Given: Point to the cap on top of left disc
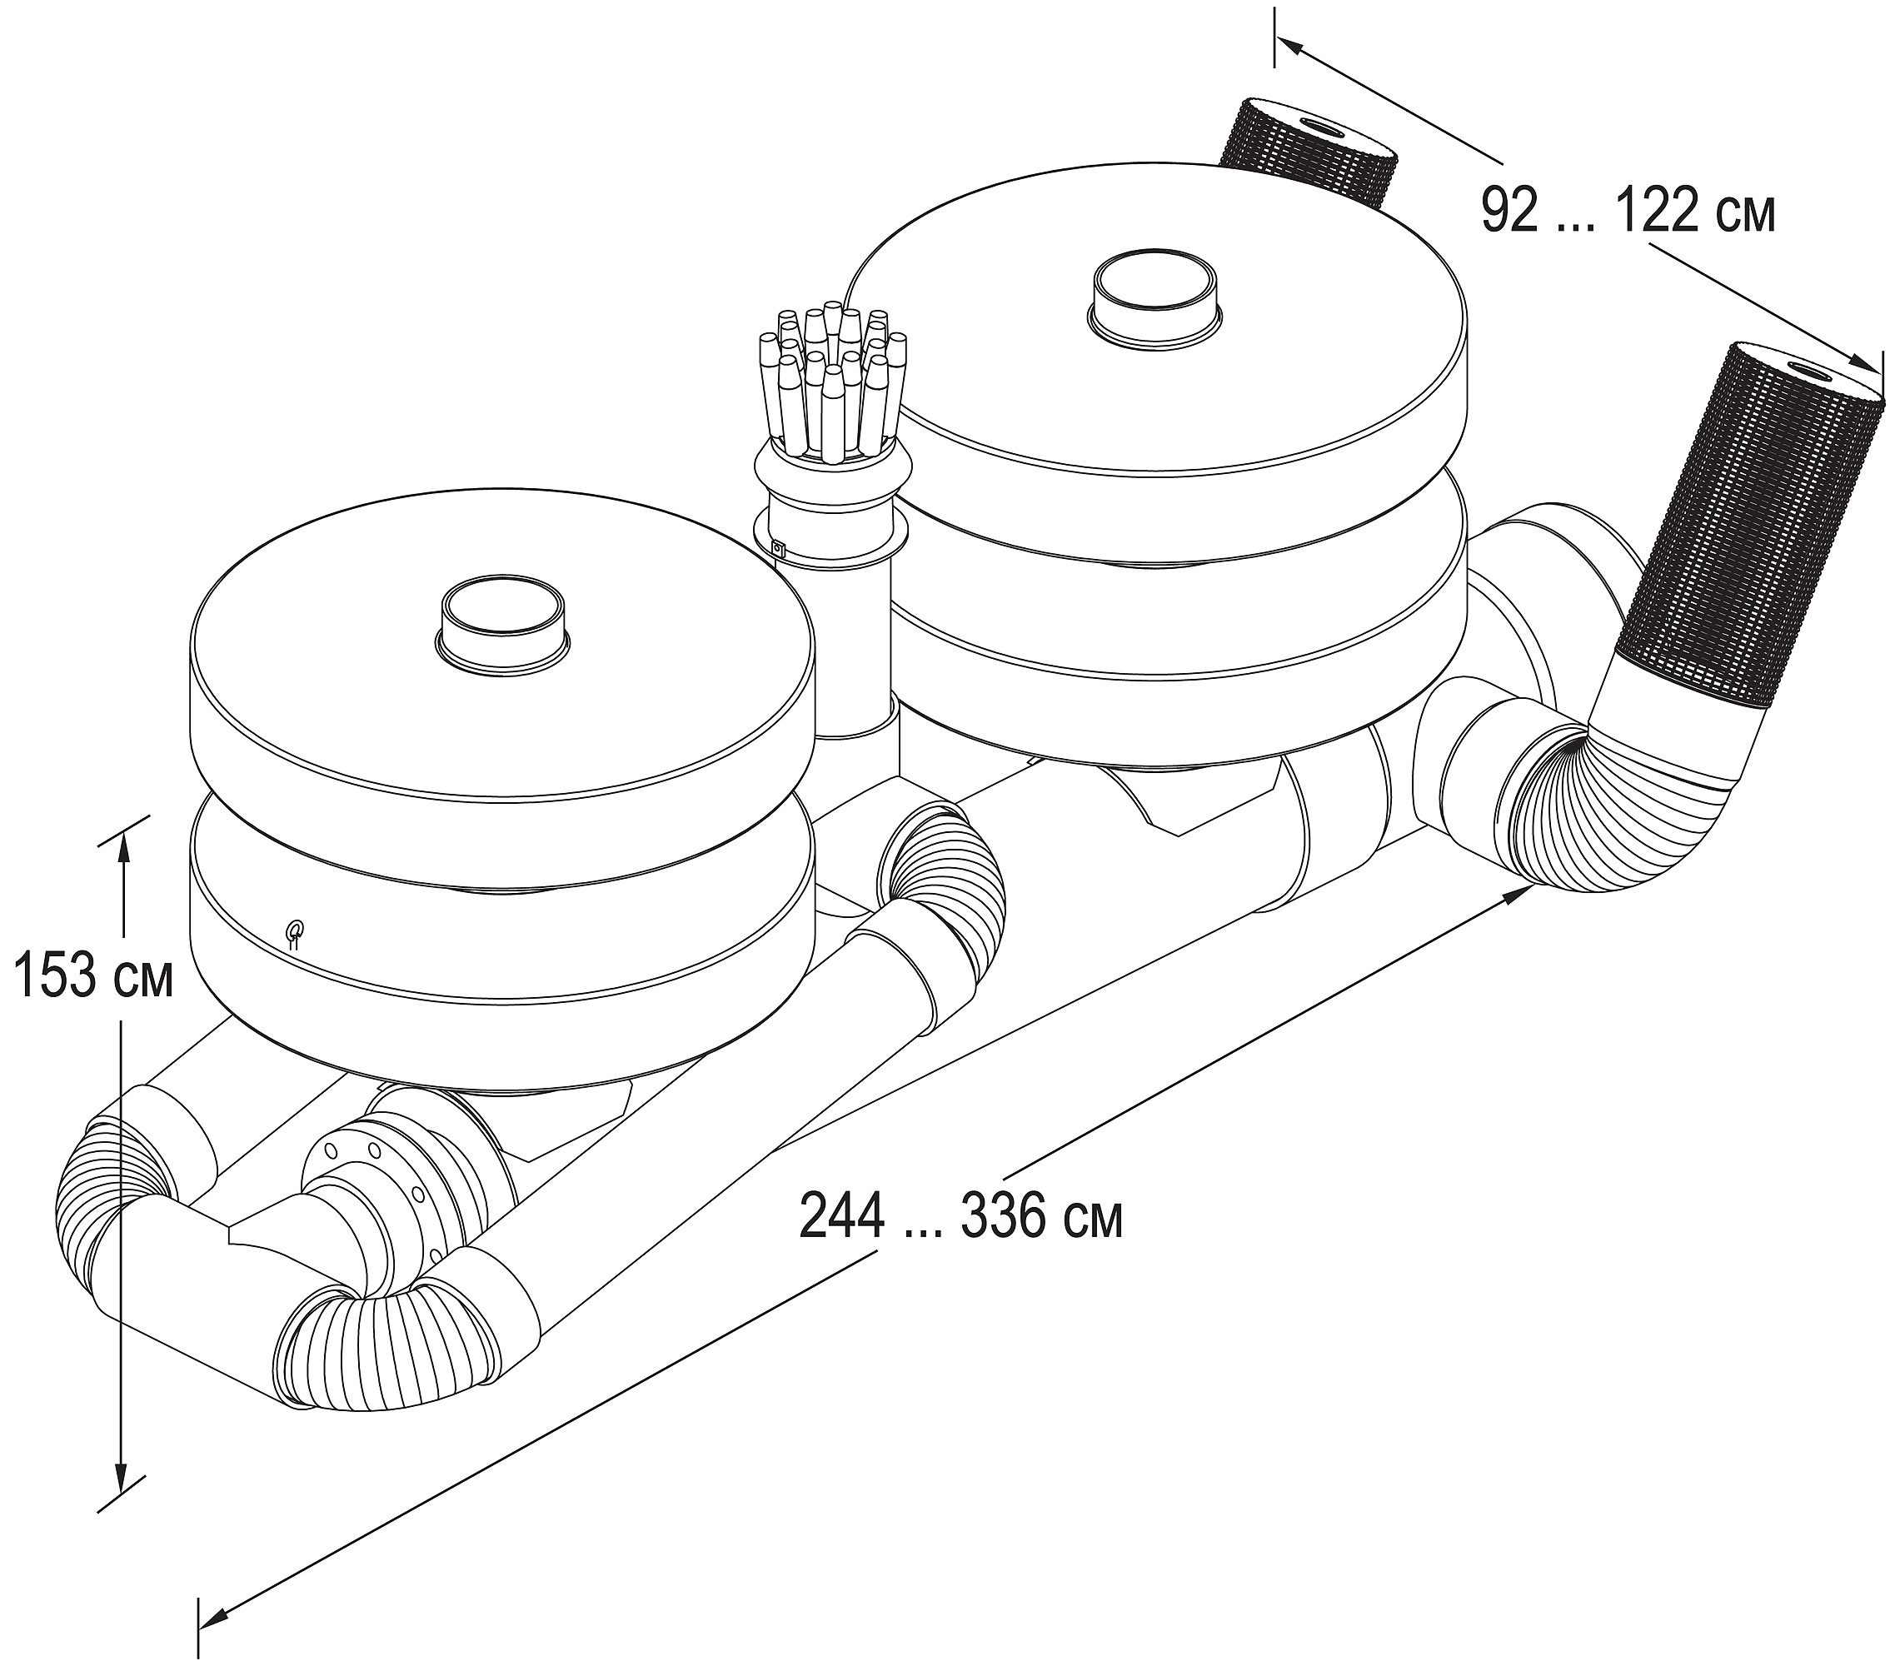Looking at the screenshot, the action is click(x=502, y=621).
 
